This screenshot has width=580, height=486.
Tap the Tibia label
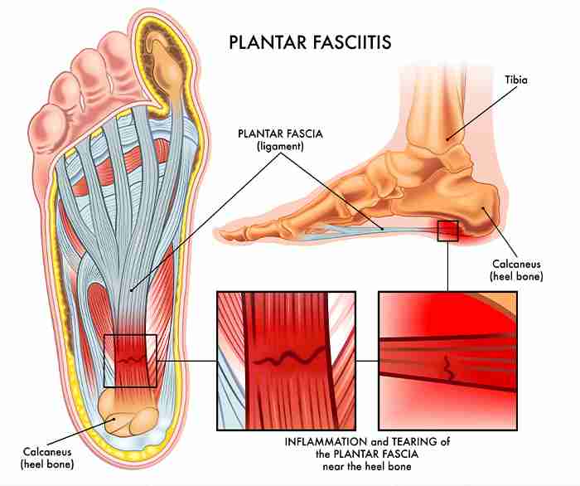[x=516, y=80]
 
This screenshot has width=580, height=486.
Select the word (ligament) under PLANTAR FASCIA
[x=280, y=147]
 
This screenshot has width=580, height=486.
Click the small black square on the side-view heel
[x=448, y=231]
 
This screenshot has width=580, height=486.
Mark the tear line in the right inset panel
[x=449, y=368]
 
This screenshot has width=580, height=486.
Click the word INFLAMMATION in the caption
[x=326, y=441]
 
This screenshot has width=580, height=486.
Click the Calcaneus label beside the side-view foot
[x=516, y=264]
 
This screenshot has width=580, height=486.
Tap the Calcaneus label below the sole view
[x=47, y=451]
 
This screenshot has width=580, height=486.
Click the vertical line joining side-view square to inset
[x=448, y=266]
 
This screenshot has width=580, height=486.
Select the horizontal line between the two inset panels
[x=367, y=361]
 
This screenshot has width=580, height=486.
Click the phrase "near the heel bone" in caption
[x=367, y=466]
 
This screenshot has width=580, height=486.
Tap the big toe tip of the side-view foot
[x=222, y=234]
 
